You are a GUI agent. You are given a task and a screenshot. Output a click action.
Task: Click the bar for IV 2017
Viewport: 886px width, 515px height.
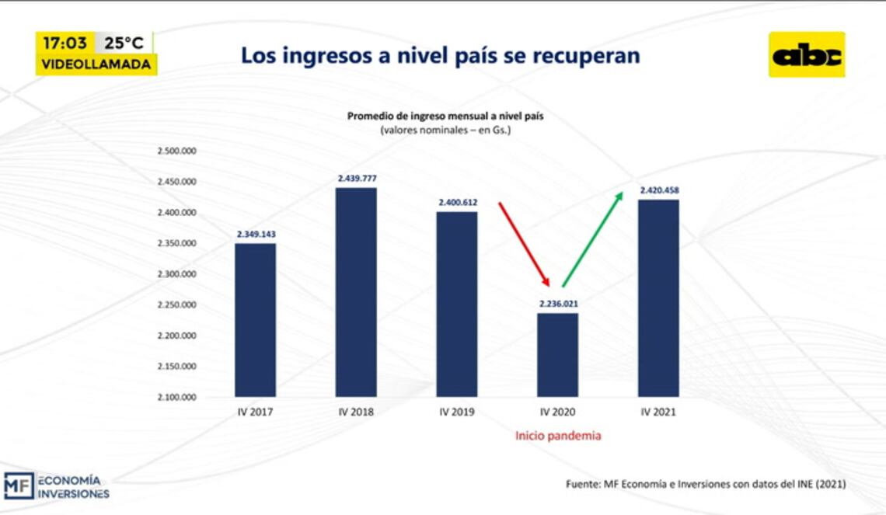(x=255, y=320)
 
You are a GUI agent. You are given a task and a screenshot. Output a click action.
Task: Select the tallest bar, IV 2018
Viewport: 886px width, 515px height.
(x=356, y=292)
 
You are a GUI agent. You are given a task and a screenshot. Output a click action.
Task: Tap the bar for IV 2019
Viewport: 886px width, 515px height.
(x=456, y=304)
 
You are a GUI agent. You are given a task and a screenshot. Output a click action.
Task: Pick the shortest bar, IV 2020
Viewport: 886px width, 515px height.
(x=558, y=355)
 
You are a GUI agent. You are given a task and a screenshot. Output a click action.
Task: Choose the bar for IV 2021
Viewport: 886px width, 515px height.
(x=658, y=298)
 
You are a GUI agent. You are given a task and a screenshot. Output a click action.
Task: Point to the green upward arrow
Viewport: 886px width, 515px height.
(x=592, y=238)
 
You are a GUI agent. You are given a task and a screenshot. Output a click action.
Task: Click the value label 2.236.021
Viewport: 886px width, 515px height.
(x=558, y=304)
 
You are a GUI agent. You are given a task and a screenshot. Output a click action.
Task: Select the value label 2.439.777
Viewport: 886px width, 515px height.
(x=356, y=179)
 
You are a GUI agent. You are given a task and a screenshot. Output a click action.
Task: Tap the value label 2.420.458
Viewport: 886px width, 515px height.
(x=658, y=190)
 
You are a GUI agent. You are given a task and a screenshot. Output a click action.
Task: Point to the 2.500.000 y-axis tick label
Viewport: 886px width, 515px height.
(x=176, y=151)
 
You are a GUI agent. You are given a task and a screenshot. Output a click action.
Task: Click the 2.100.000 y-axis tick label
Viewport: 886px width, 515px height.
(x=176, y=397)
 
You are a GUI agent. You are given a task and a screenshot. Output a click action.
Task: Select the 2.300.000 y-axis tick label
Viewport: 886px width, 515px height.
(x=176, y=274)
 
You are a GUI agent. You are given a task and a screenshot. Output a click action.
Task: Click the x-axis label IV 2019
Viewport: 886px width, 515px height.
(x=456, y=412)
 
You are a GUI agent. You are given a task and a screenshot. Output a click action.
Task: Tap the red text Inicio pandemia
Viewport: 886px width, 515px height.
(x=558, y=436)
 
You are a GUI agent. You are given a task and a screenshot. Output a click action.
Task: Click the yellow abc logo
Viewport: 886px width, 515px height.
(x=806, y=54)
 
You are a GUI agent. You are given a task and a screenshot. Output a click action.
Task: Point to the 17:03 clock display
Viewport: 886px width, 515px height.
(x=65, y=43)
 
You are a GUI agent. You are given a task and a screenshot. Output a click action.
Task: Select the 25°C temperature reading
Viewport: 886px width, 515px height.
(x=124, y=43)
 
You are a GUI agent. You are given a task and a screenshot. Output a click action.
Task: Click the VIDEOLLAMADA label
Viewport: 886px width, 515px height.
(x=96, y=64)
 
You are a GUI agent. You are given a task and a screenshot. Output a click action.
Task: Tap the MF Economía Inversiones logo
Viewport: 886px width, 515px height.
(x=56, y=485)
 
